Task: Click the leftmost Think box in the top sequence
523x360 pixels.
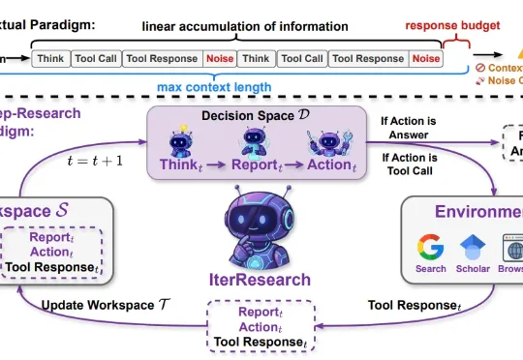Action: (51, 59)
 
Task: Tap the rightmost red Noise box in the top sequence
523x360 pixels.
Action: (424, 59)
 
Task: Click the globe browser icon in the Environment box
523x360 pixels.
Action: (512, 249)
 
